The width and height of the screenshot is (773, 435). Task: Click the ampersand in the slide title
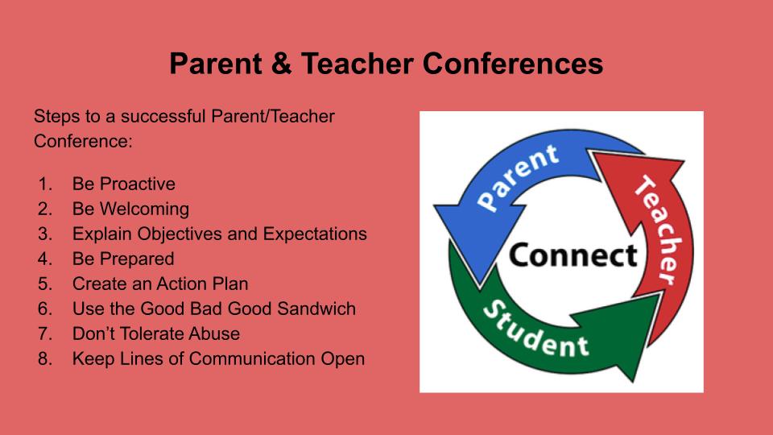[x=281, y=64]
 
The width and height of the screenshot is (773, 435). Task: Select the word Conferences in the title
[x=513, y=64]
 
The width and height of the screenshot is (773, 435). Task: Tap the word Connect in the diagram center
[x=573, y=255]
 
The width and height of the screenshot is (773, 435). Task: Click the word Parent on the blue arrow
[x=518, y=177]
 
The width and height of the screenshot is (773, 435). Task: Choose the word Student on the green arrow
[x=535, y=330]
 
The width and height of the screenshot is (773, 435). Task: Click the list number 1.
[x=45, y=184]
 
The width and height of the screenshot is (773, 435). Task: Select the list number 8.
[x=45, y=358]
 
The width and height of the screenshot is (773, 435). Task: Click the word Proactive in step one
[x=138, y=184]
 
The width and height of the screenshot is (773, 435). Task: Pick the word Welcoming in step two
[x=144, y=209]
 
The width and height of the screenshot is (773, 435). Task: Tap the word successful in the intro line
[x=163, y=116]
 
